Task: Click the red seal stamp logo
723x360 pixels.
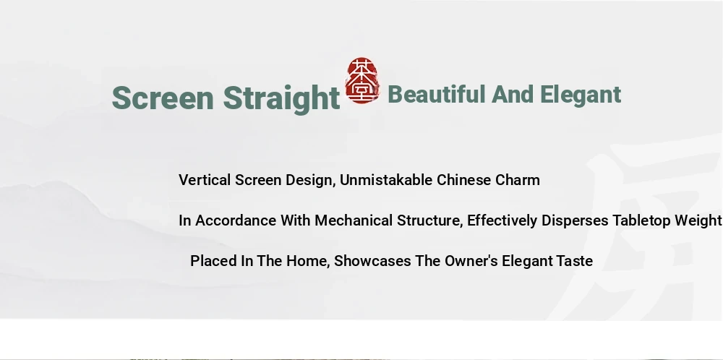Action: pos(362,80)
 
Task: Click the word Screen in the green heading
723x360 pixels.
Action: pos(163,98)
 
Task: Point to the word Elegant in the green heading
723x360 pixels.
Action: pos(581,95)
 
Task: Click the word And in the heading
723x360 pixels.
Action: pos(513,95)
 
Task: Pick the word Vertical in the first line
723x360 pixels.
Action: pos(205,180)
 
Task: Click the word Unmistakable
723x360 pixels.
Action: pos(386,180)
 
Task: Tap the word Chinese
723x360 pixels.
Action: pos(464,180)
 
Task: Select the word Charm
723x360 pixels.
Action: pos(518,180)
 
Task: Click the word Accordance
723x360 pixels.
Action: pos(236,220)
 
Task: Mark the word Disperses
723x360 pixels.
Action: pos(575,220)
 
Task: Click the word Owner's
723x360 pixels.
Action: pos(471,261)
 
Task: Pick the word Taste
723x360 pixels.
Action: pos(575,261)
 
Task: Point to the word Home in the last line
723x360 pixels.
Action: pos(307,262)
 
